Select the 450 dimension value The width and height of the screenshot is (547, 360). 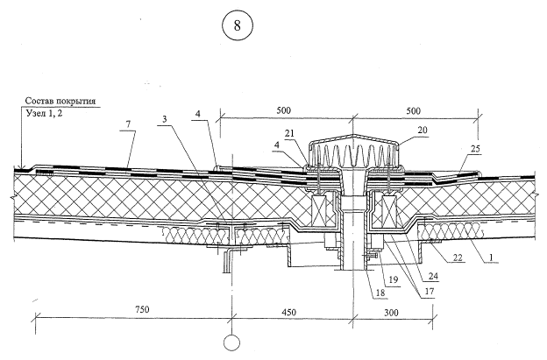[x=291, y=307]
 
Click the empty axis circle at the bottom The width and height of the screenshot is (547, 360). [x=231, y=343]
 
